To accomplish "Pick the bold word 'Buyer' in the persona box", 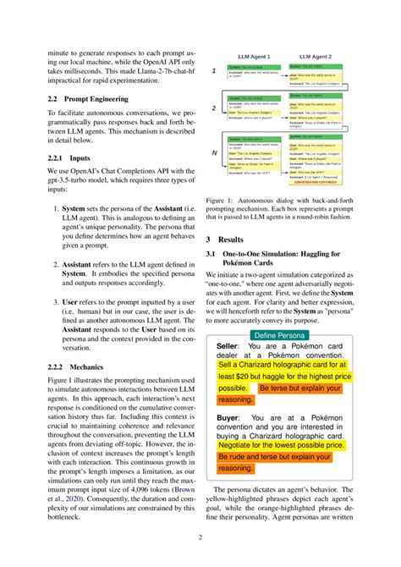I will tap(227, 418).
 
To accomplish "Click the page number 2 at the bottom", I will tap(200, 537).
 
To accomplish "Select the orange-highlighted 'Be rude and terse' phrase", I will tap(259, 455).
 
